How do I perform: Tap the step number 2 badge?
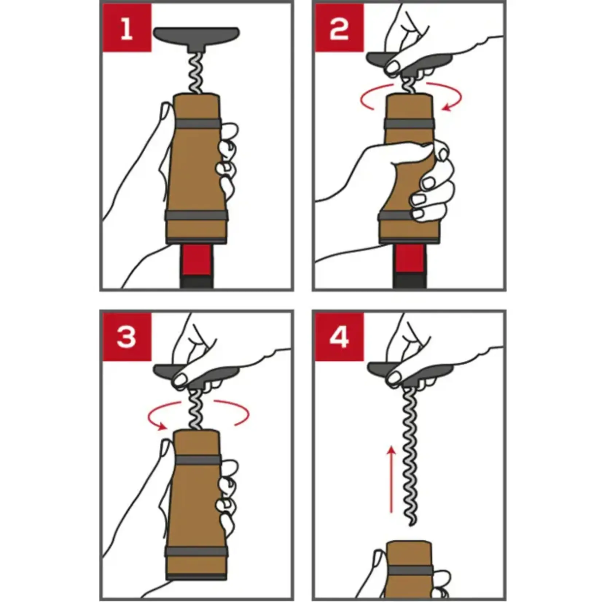(339, 28)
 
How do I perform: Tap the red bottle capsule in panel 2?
(410, 258)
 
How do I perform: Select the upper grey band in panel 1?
(197, 124)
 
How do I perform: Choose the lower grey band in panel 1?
(197, 216)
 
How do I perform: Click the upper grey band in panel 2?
(410, 124)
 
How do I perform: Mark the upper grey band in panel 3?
(197, 461)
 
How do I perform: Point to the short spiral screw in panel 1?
(197, 73)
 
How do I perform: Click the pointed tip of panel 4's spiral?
(410, 525)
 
